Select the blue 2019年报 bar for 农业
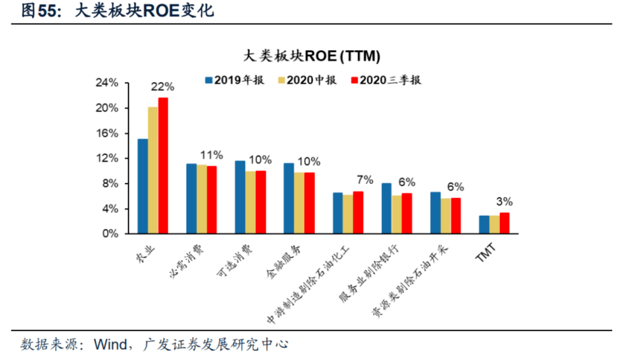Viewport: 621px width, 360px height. coord(143,186)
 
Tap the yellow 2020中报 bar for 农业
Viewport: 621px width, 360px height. coord(153,170)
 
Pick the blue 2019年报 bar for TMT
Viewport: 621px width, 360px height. coord(484,225)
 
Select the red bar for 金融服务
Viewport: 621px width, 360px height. coord(309,203)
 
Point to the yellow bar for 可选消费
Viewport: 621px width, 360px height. coord(250,202)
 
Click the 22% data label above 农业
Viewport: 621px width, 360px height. coord(162,87)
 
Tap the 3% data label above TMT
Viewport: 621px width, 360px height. coord(504,202)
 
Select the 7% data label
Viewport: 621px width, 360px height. coord(366,180)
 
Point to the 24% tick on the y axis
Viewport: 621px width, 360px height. coord(106,83)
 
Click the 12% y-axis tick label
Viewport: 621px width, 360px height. coord(106,158)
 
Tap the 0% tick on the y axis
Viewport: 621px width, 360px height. coord(110,234)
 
